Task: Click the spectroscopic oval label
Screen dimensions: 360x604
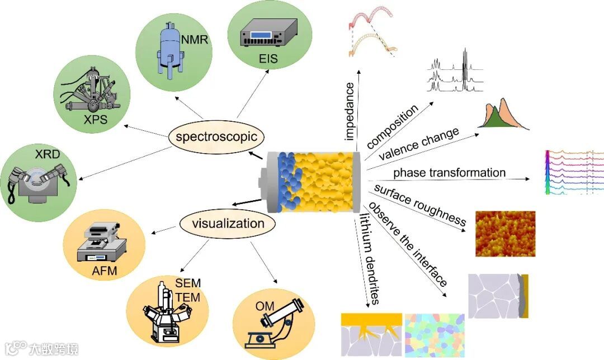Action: coord(216,136)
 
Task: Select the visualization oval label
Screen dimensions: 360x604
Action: coord(228,224)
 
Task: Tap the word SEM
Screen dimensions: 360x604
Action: coord(188,283)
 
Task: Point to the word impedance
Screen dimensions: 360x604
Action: coord(351,110)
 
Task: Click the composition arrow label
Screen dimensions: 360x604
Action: coord(393,126)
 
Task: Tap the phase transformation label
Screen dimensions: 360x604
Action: coord(449,173)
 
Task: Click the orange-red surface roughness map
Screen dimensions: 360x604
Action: coord(505,234)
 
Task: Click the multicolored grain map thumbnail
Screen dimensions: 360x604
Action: coord(434,335)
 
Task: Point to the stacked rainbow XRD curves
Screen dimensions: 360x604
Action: coord(573,172)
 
